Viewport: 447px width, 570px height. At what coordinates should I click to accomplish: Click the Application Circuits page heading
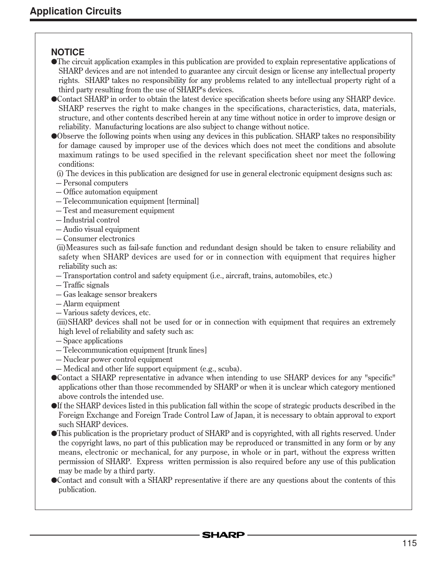pos(75,11)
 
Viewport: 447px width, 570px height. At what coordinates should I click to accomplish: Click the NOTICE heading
pos(68,52)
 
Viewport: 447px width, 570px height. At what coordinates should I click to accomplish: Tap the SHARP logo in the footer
pos(223,535)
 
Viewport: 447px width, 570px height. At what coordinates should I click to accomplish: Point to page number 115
pos(409,543)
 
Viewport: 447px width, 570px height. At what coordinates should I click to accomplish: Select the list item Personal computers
pos(95,183)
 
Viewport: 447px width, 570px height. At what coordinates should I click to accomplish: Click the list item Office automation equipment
pos(110,192)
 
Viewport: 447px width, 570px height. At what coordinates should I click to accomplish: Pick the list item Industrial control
pos(91,220)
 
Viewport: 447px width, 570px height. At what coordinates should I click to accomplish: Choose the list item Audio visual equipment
pos(101,229)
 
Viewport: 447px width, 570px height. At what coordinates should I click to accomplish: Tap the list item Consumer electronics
pos(99,239)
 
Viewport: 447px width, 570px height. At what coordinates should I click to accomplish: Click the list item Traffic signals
pos(86,285)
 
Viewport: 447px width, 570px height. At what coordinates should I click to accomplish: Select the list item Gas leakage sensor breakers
pos(110,294)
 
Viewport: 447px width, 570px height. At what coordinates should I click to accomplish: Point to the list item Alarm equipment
pos(91,304)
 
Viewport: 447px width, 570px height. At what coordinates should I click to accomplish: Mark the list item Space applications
pos(93,341)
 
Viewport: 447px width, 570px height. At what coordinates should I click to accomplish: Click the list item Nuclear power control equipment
pos(117,359)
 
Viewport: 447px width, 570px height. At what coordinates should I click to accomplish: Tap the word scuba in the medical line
pos(227,369)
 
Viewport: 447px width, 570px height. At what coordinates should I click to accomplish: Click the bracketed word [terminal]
pos(183,201)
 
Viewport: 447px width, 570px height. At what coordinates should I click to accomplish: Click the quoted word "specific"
pos(380,378)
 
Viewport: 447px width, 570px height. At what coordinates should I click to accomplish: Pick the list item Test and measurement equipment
pos(119,211)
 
